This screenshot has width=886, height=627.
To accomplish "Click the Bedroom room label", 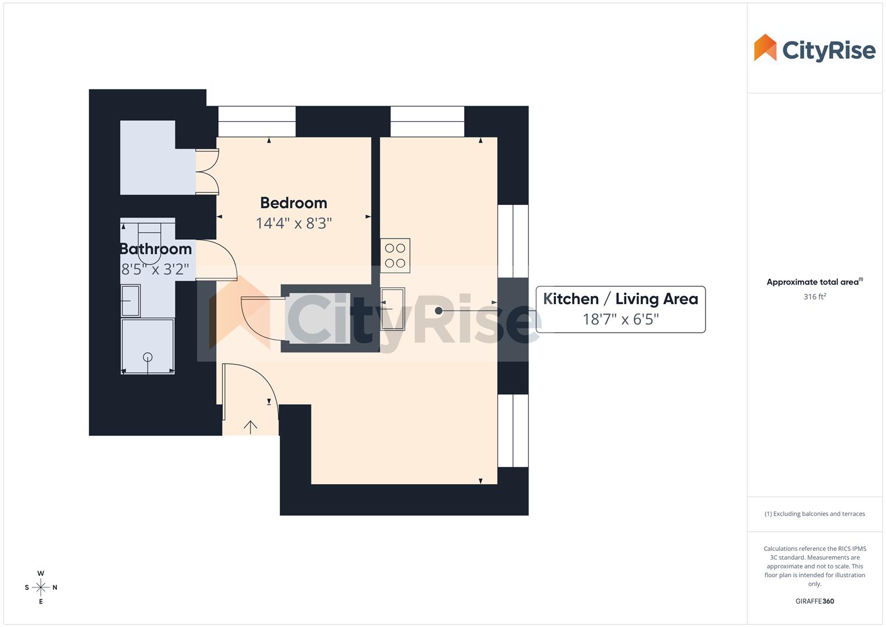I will coord(294,203).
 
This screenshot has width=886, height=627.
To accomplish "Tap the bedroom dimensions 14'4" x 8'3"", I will coord(294,224).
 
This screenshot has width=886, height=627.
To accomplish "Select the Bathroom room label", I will coord(155,249).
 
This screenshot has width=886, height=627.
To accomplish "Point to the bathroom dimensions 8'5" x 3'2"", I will coord(155,269).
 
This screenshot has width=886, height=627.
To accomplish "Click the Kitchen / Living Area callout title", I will coord(620,299).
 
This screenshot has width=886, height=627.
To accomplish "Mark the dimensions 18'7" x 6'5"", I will coord(620,319).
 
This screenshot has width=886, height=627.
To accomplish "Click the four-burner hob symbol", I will coord(395,255).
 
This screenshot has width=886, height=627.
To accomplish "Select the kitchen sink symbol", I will coord(393,309).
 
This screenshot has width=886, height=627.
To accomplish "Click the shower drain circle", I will coord(147,357).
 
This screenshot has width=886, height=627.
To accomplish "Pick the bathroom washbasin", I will coord(131,301).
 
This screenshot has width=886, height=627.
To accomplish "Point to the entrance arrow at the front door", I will coord(250,427).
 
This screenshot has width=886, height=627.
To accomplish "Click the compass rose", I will coord(41,588).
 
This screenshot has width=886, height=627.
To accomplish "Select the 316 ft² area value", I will coord(814,297).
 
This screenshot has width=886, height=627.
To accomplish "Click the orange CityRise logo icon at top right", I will coord(765,48).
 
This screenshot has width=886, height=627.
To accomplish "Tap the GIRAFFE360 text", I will coord(814,601).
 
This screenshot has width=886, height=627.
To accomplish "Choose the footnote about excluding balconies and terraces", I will coord(814,514).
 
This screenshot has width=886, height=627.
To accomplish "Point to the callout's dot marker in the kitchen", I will coord(439,311).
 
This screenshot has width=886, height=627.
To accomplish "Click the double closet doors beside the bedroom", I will coord(207,172).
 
